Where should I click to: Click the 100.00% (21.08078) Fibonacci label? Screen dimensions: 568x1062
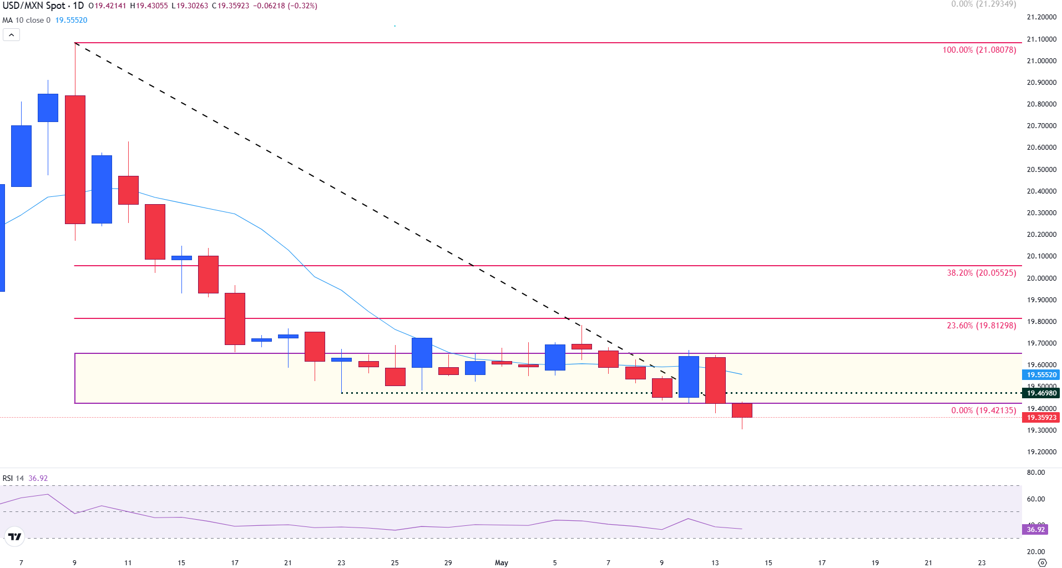(979, 50)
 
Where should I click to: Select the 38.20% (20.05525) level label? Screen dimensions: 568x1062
(981, 273)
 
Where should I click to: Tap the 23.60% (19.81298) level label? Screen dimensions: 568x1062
(981, 326)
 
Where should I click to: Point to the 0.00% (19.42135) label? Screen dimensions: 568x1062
(983, 410)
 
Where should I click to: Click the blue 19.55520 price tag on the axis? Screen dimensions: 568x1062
(1041, 375)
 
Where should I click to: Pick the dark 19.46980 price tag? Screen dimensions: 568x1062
(1041, 393)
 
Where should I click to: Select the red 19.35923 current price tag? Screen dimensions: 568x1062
(1041, 418)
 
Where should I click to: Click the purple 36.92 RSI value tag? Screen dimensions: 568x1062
(1035, 530)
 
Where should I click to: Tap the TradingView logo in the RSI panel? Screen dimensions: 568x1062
(14, 536)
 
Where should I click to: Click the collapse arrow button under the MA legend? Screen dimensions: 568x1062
(11, 35)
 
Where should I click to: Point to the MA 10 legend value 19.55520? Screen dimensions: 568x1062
(71, 21)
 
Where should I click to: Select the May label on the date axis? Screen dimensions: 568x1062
(501, 562)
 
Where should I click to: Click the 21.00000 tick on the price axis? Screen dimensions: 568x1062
(1041, 61)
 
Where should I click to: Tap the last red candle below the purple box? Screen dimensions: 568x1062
(742, 410)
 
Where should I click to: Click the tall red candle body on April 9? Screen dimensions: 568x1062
(75, 160)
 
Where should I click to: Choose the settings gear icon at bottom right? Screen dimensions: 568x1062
(1042, 562)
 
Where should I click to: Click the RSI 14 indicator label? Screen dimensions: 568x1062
(13, 478)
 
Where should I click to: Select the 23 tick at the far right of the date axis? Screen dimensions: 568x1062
(982, 562)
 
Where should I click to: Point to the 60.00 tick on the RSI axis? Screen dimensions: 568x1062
(1035, 499)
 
